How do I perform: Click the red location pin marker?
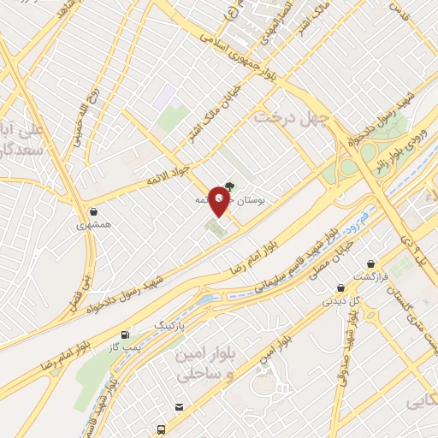(219, 198)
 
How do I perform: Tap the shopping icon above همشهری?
(93, 211)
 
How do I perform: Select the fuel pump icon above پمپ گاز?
(127, 334)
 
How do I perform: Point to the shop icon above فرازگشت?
(370, 263)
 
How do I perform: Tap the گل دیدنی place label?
(340, 301)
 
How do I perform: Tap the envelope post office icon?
(179, 407)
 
